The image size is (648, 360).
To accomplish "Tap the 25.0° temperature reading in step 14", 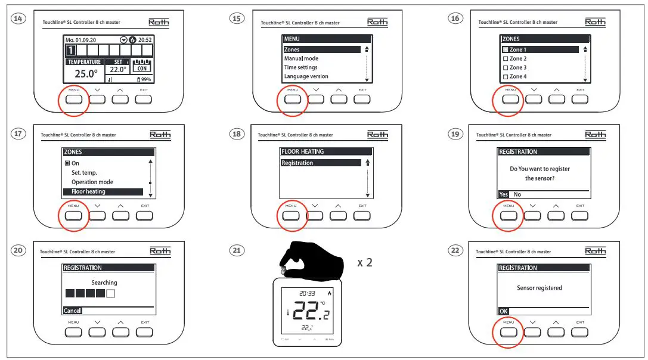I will (86, 74).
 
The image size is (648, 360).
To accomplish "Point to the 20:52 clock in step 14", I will (145, 39).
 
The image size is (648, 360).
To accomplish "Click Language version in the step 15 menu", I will (306, 76).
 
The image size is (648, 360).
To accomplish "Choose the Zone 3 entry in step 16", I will (517, 67).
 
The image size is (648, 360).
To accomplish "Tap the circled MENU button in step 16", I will (510, 99).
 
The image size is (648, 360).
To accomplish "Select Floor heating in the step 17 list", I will (88, 191).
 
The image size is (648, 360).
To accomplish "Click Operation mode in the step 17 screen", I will (92, 182).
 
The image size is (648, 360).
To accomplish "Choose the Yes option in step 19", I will (504, 194).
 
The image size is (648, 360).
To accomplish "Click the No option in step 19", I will (517, 194).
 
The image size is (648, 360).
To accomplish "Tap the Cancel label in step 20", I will (72, 311).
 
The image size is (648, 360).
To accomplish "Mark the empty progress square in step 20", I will (110, 294).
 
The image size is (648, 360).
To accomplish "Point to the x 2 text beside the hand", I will (365, 262).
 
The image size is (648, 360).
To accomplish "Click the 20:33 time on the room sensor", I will (307, 293).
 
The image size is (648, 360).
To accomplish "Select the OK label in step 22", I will (503, 311).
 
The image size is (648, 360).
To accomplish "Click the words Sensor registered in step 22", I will (539, 288).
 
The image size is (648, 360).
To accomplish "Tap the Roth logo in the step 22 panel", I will (595, 251).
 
